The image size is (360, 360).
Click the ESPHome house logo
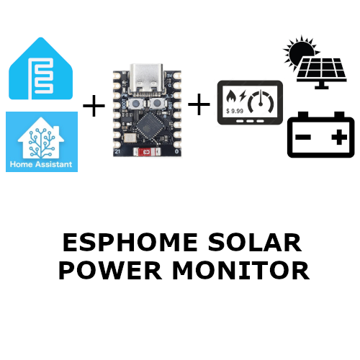point(40,68)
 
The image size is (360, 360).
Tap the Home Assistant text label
point(41,164)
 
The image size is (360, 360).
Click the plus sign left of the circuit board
point(94,106)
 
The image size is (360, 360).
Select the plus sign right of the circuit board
point(199,104)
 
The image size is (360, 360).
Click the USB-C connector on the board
point(146,78)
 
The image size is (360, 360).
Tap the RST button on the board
point(157,104)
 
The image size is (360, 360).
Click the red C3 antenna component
point(147,152)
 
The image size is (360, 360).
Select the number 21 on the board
point(117,151)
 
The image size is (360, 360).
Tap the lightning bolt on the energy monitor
point(243,96)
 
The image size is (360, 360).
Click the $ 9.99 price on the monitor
point(235,111)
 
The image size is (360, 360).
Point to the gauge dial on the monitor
point(261,102)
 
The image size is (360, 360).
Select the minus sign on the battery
point(303,138)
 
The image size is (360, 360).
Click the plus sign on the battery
point(339,137)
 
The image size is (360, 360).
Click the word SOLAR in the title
point(255,243)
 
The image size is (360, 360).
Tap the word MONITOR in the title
point(240,270)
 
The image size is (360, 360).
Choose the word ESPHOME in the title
point(130,243)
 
